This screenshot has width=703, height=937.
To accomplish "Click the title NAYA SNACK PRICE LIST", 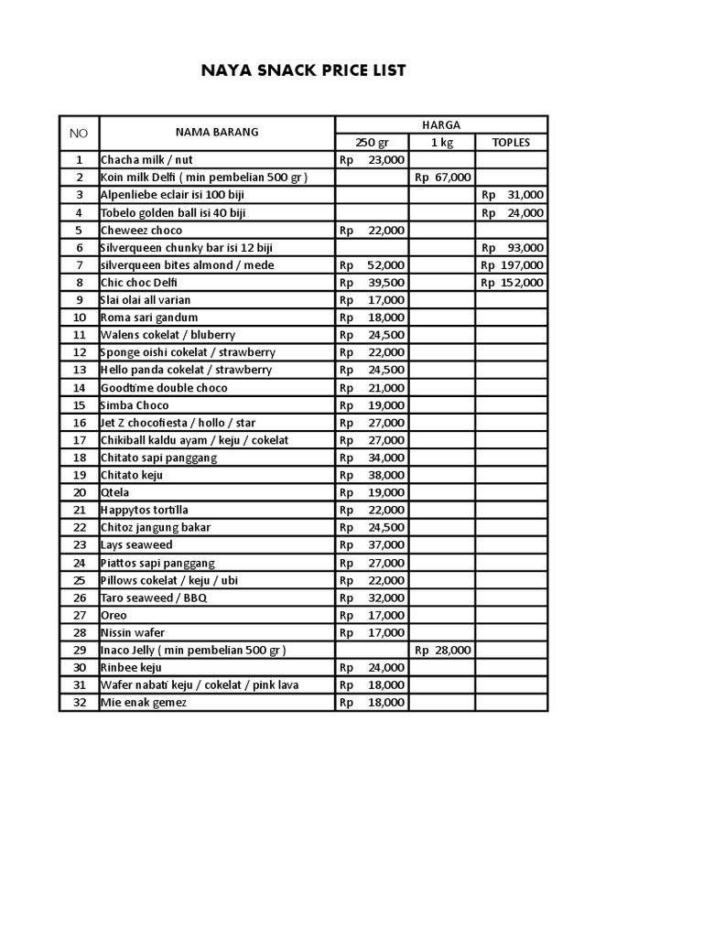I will coord(303,70).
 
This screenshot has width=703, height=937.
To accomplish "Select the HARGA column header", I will coord(441,124).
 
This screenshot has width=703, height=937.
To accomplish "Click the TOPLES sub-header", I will coord(511,143).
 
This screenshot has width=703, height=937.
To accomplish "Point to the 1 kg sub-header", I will coord(441,143).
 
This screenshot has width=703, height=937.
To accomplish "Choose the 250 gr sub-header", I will coord(372,143).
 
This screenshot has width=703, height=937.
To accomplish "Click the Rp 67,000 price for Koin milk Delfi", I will coord(443,178).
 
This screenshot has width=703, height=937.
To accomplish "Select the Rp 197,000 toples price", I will coord(512,265).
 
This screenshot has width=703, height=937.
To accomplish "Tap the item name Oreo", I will coord(114,616).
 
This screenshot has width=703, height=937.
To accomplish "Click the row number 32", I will coord(79,703).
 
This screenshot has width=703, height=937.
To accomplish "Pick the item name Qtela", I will coord(116,492).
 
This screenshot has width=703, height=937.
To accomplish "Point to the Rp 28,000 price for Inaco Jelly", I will coord(443,651).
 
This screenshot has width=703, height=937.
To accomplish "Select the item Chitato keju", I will coord(137,475).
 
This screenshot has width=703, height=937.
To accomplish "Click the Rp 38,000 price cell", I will coord(372,475).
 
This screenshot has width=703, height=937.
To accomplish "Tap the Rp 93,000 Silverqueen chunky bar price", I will coord(512,248).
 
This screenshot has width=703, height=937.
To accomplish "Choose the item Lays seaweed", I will coord(136,545).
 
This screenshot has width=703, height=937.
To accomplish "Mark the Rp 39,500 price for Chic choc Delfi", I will coord(372,283).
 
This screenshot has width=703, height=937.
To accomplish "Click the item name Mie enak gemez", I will coord(144,703).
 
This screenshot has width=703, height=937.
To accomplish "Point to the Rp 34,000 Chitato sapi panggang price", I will coord(372,458).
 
